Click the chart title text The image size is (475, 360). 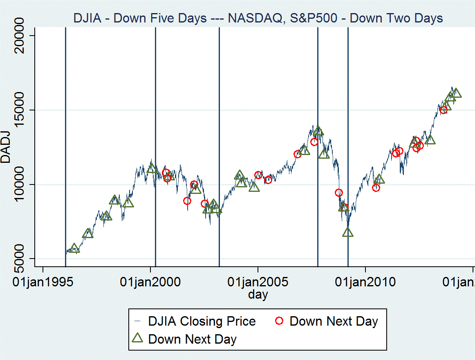(258, 18)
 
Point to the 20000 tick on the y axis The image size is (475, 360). (20, 35)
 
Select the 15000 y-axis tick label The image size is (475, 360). (20, 110)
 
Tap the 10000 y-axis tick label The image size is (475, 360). (20, 184)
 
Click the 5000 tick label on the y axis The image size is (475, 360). (20, 258)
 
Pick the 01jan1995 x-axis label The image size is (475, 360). (43, 282)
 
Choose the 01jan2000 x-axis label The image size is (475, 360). (150, 282)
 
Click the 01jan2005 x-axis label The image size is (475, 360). (258, 282)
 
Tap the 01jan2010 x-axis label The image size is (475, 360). (365, 282)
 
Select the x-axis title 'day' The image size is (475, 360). (258, 294)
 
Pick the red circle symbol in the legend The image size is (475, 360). (280, 321)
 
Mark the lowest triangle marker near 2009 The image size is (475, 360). (348, 232)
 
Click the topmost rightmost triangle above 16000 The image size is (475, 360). (456, 93)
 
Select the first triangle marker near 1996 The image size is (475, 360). (74, 248)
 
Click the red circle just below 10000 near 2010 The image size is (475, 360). (376, 188)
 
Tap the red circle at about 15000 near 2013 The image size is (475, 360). (444, 110)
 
